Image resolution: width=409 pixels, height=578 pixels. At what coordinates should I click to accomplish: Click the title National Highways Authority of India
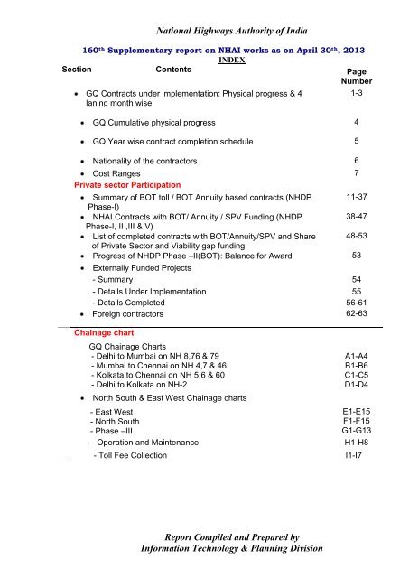(205, 13)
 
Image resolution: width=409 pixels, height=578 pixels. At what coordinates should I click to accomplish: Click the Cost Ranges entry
(111, 172)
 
